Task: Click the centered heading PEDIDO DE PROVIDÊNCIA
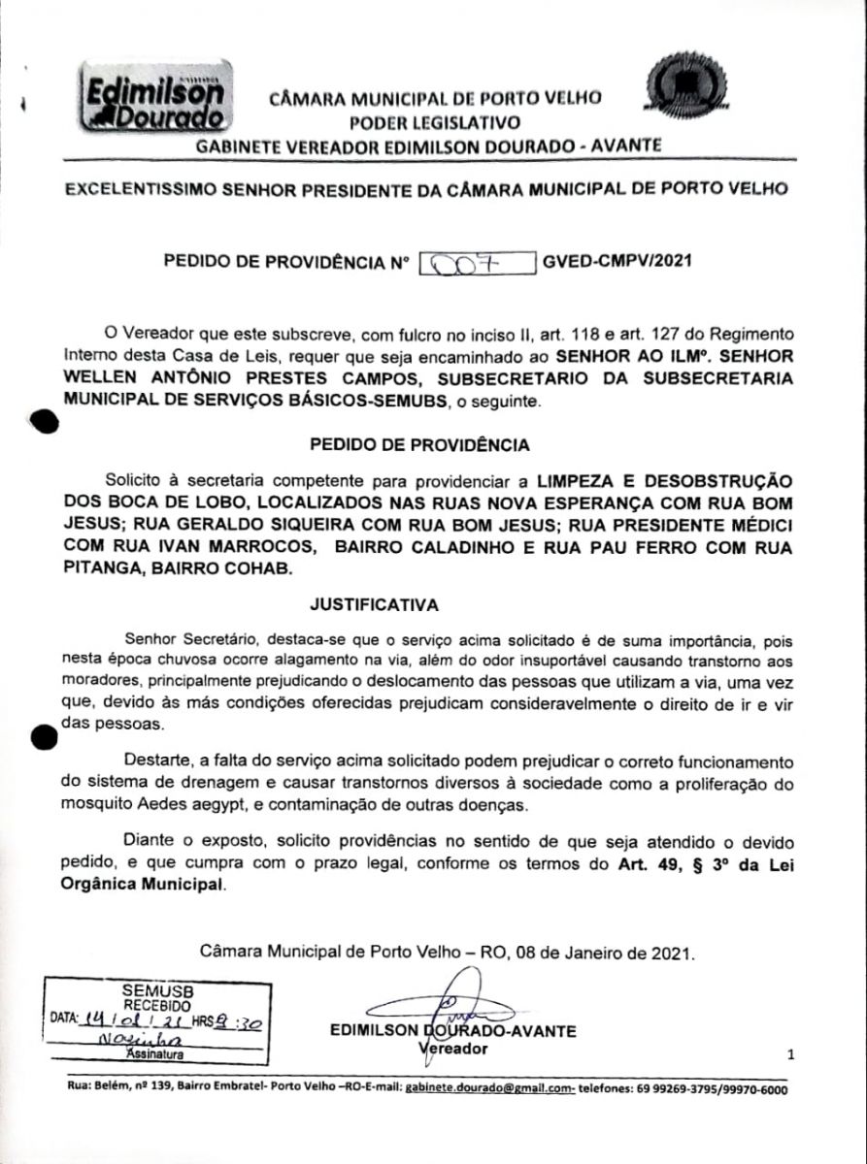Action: [x=419, y=445]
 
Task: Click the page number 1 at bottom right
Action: [x=791, y=1053]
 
